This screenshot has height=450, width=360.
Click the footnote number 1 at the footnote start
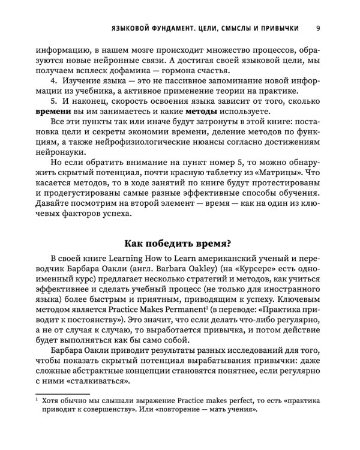[x=37, y=414]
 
